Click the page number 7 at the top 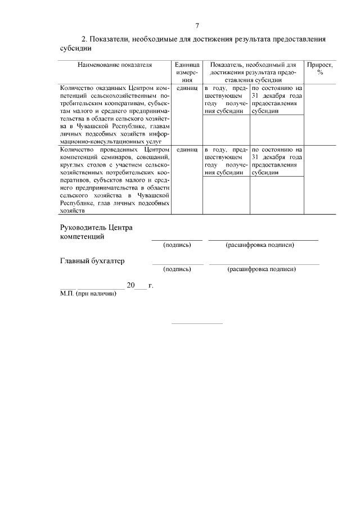[x=197, y=26]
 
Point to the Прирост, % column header [x=319, y=68]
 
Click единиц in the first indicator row [x=187, y=88]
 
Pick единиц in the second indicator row [x=187, y=150]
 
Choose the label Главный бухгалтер [x=92, y=261]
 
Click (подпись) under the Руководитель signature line [x=177, y=245]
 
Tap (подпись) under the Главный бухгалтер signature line [x=177, y=269]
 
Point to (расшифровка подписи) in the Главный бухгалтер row [x=262, y=269]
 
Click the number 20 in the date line [x=130, y=286]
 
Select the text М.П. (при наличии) [x=88, y=294]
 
